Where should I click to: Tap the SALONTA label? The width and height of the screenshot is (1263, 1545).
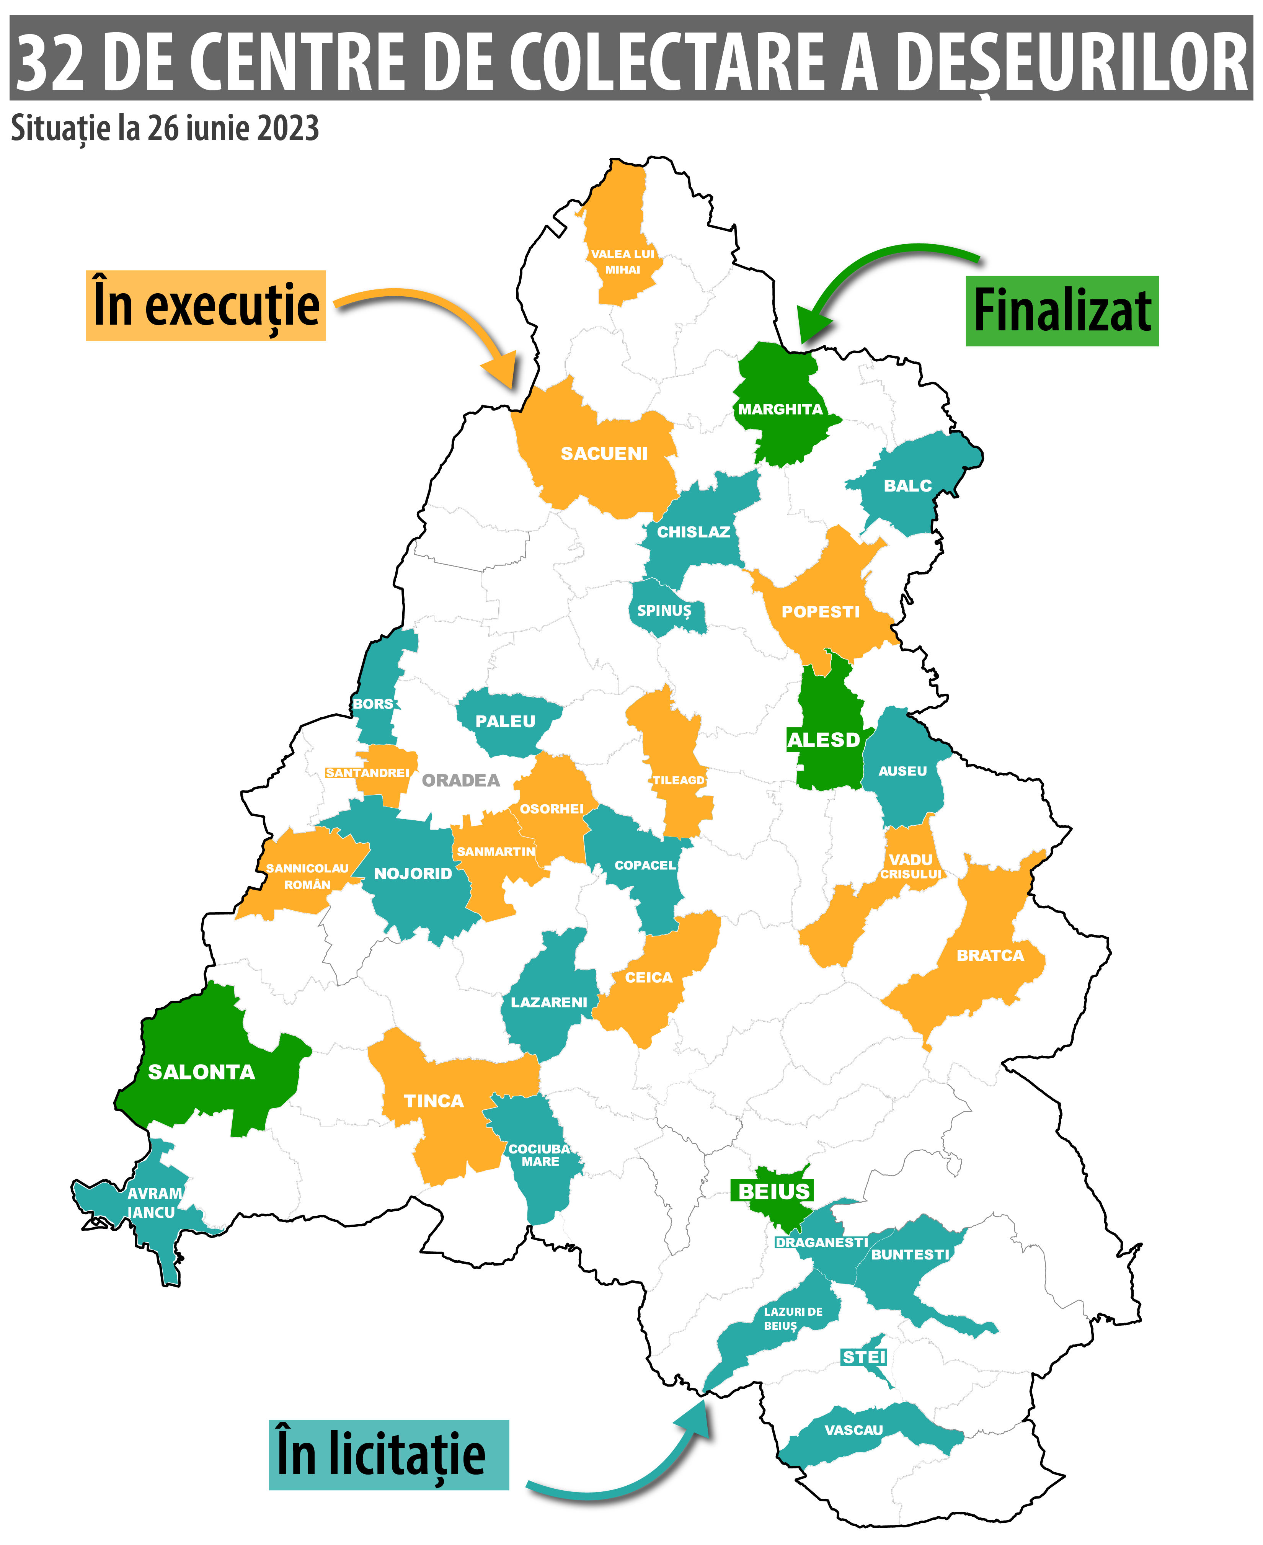(x=202, y=1072)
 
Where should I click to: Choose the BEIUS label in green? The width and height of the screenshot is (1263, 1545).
(x=773, y=1191)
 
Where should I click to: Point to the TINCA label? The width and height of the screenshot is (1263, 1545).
(x=434, y=1101)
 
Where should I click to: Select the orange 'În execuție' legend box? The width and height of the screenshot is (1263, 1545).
(x=206, y=305)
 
